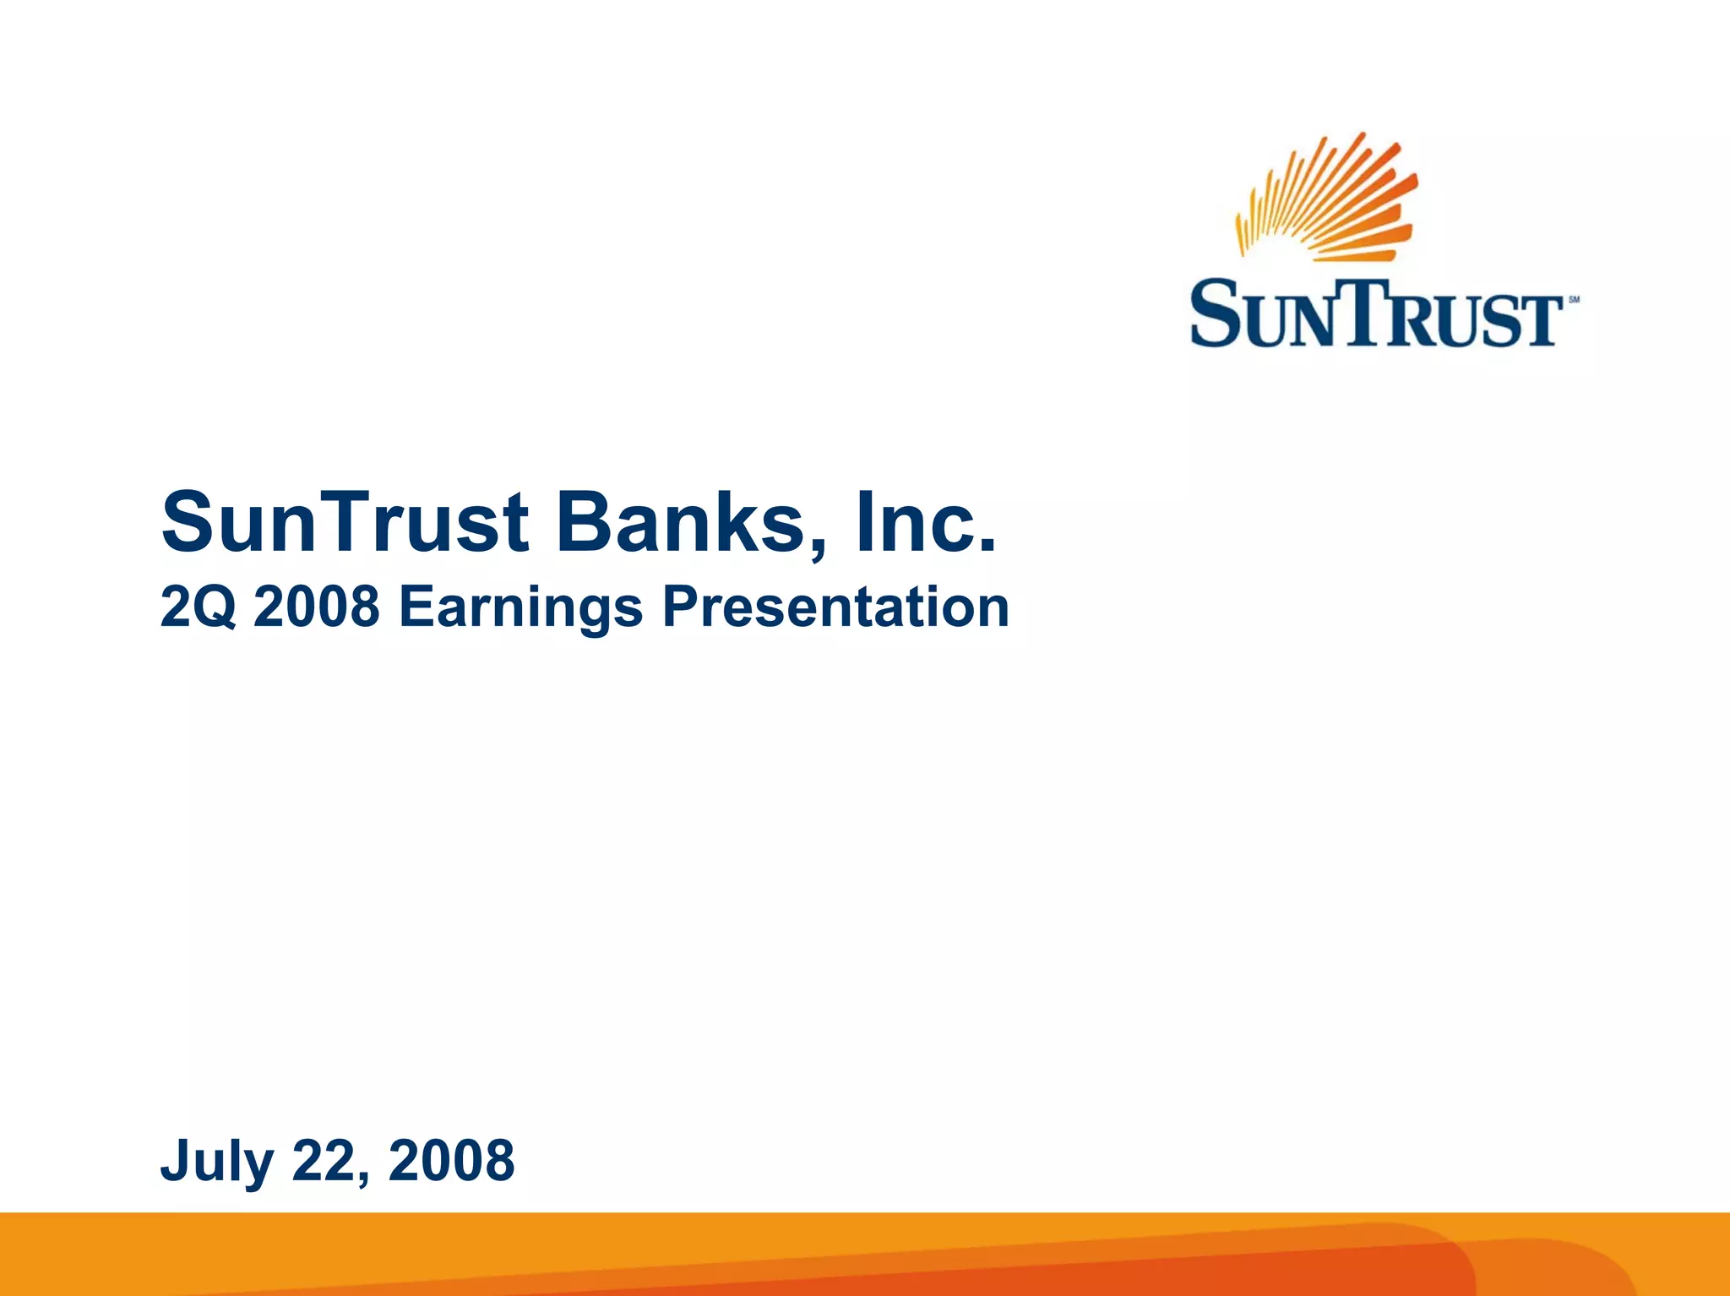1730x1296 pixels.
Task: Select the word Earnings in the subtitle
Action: point(520,609)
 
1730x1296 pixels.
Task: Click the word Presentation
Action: point(835,607)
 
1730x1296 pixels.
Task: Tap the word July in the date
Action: point(216,1163)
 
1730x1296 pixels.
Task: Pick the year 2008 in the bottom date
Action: point(451,1161)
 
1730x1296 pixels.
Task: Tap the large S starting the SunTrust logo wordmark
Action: point(1214,314)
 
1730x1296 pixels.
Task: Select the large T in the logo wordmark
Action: point(1376,313)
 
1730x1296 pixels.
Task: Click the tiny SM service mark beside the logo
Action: point(1574,300)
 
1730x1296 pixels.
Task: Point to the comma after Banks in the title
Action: point(817,549)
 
